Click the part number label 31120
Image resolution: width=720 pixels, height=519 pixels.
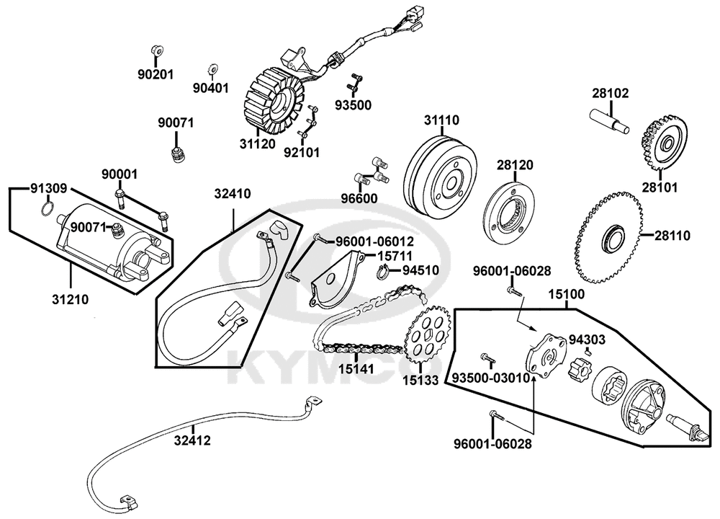pyautogui.click(x=257, y=144)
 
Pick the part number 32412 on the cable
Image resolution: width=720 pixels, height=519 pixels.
pyautogui.click(x=192, y=440)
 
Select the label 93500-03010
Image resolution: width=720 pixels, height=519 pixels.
pyautogui.click(x=491, y=378)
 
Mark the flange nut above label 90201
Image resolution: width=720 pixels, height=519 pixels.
pyautogui.click(x=156, y=50)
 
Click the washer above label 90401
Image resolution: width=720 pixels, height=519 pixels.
pyautogui.click(x=212, y=70)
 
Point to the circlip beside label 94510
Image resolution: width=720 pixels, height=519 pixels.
pyautogui.click(x=384, y=272)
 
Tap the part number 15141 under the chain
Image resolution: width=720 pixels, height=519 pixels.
pyautogui.click(x=356, y=368)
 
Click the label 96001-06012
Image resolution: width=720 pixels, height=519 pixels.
pyautogui.click(x=374, y=241)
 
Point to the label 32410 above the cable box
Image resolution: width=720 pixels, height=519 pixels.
pyautogui.click(x=233, y=194)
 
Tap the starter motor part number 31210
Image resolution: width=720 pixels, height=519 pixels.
pyautogui.click(x=71, y=300)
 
